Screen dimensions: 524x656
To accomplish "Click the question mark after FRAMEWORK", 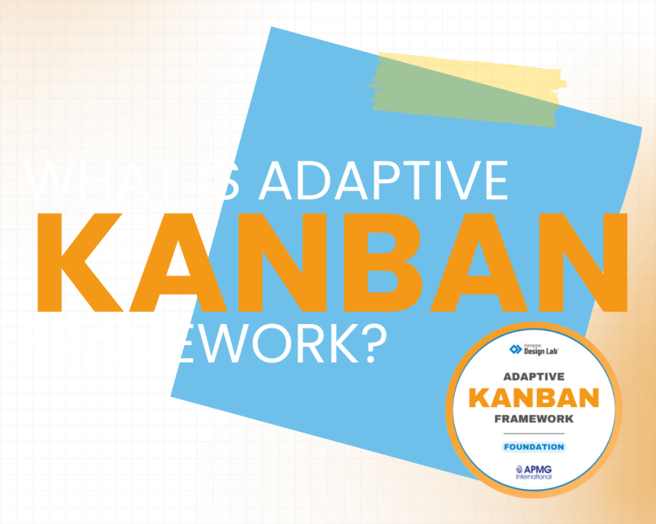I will coord(372,344).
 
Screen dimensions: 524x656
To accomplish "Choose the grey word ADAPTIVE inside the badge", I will coord(534,376).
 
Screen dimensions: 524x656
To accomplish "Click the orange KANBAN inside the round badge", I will coord(534,397).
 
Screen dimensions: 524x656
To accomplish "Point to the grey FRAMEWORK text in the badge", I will coord(534,420).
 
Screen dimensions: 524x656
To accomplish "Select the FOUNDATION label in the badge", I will coord(534,447).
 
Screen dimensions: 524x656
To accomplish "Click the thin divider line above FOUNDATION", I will coord(534,434).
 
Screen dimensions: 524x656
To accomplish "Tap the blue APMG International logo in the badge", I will coord(534,473).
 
